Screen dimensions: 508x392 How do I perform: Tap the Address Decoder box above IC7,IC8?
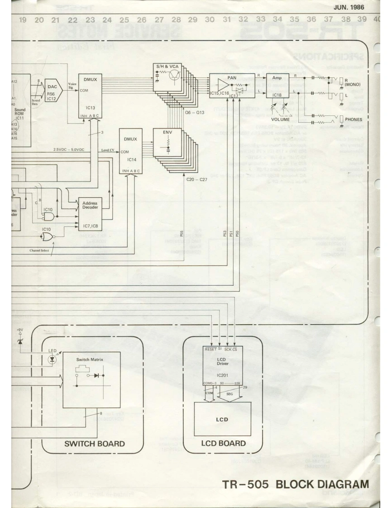(90, 204)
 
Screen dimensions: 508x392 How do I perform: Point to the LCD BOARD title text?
(223, 443)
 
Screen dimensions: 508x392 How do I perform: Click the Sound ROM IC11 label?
(19, 113)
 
